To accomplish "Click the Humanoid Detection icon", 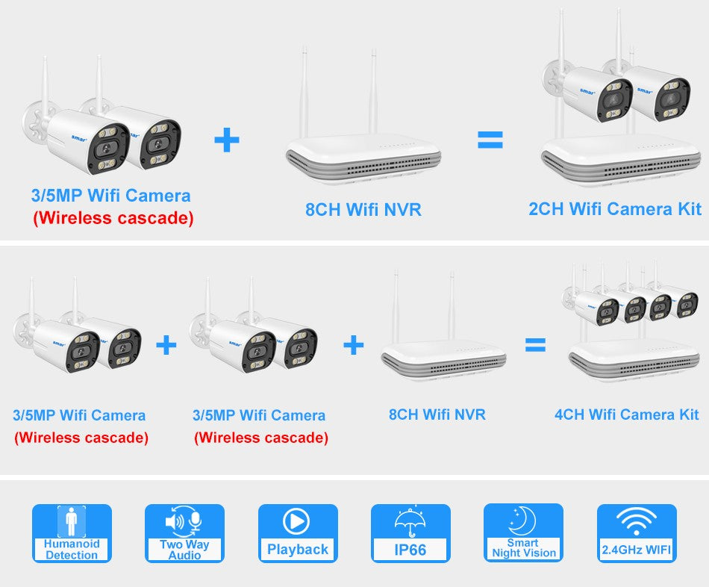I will (x=72, y=533).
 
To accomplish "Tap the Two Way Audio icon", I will (x=184, y=533).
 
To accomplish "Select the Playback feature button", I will (x=297, y=533).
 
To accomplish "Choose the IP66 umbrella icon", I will (x=410, y=533).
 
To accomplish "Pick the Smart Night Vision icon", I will (x=523, y=533).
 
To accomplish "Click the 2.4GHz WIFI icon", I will (x=637, y=533).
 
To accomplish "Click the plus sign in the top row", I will (x=227, y=140).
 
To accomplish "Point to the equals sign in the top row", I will (x=490, y=140).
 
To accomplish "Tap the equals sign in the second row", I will (x=534, y=344).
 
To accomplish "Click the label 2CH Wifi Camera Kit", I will (x=615, y=209).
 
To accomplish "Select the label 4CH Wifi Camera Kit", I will (x=626, y=414).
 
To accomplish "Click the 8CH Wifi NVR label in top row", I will (x=363, y=210).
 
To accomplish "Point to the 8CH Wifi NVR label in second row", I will (x=437, y=414).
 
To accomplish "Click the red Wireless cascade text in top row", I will (x=113, y=219).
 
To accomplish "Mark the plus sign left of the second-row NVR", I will (x=353, y=344).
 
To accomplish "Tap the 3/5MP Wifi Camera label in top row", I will (x=110, y=196).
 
